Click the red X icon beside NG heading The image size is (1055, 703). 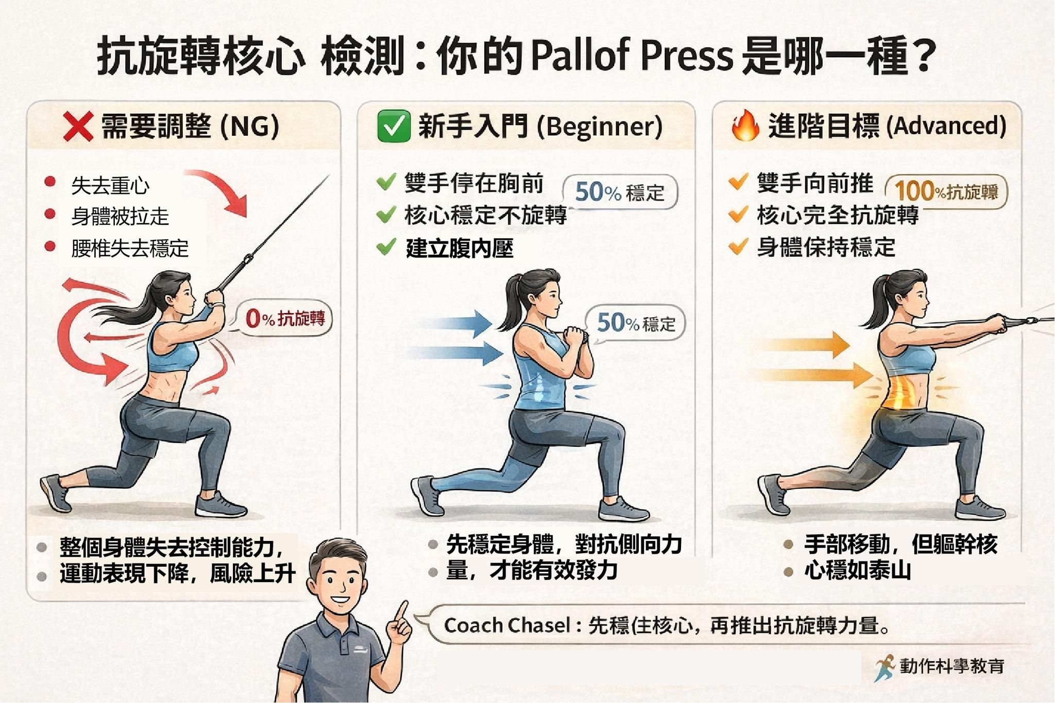pyautogui.click(x=78, y=127)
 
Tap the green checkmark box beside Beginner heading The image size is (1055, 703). pyautogui.click(x=394, y=127)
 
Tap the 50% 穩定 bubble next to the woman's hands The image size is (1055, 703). pyautogui.click(x=636, y=323)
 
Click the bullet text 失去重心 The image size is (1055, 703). pyautogui.click(x=110, y=186)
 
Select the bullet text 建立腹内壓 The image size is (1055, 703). pyautogui.click(x=460, y=249)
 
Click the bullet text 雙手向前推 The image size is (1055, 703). pyautogui.click(x=815, y=183)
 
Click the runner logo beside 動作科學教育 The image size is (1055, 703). pyautogui.click(x=884, y=667)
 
